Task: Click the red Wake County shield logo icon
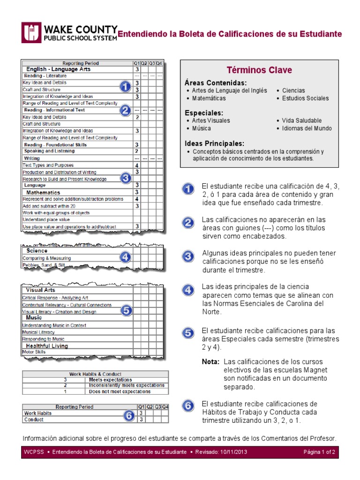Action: click(31, 33)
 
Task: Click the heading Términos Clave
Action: click(259, 70)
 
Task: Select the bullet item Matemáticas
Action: click(209, 98)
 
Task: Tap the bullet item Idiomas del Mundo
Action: click(307, 128)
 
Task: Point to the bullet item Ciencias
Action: click(293, 90)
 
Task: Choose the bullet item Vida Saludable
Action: click(304, 120)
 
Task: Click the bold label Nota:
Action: click(210, 362)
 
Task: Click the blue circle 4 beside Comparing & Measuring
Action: click(125, 257)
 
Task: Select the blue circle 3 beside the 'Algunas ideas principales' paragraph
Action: click(187, 256)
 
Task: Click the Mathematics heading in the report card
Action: click(43, 193)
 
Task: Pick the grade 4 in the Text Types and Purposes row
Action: click(136, 165)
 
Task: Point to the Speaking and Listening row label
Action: click(49, 151)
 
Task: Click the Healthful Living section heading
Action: click(47, 346)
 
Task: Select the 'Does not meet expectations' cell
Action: click(120, 391)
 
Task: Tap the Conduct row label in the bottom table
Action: click(34, 420)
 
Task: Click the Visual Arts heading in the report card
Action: click(40, 290)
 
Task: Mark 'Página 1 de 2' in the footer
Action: click(319, 452)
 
